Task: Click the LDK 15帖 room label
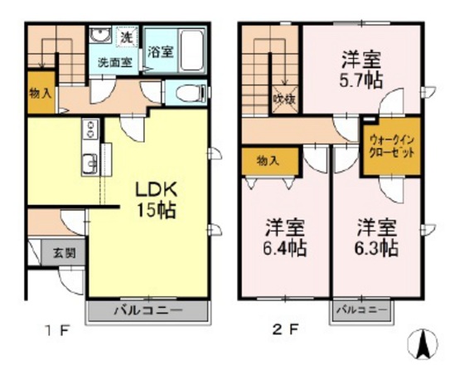click(x=155, y=197)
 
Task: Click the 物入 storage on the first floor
click(x=39, y=93)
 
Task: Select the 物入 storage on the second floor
click(x=267, y=158)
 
